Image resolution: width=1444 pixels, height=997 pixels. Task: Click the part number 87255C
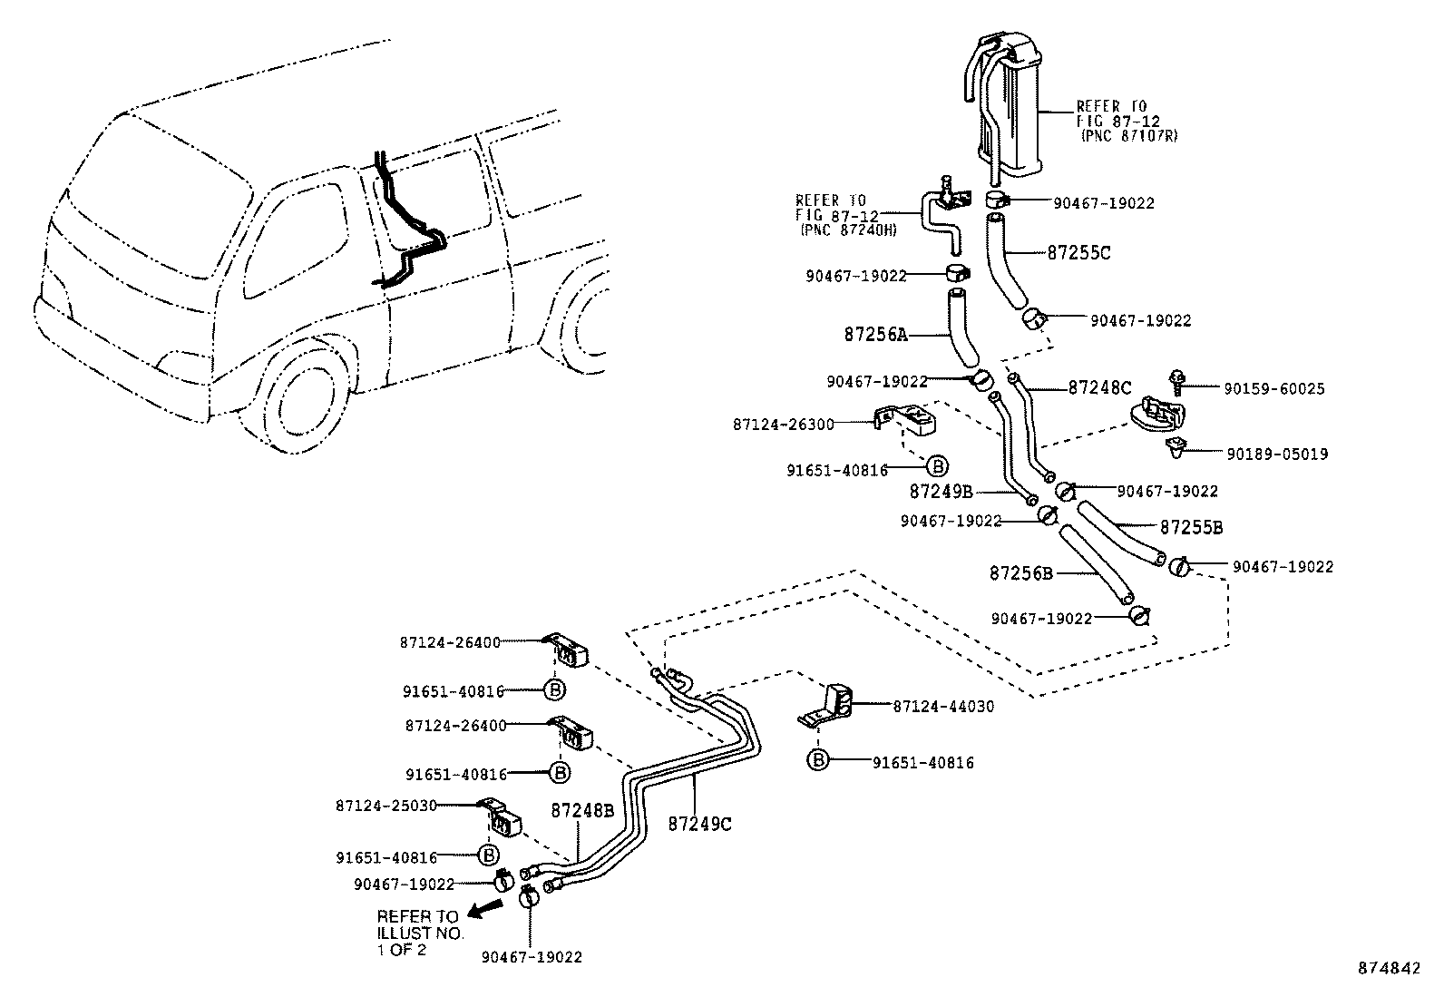(1078, 253)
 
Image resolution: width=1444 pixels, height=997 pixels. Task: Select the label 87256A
(875, 334)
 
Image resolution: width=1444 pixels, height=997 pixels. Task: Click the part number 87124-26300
(784, 424)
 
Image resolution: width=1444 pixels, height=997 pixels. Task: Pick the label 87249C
(699, 824)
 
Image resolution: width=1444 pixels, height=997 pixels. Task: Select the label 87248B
(583, 810)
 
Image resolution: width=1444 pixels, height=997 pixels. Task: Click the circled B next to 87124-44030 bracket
(818, 760)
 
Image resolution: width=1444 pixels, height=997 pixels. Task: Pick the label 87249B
(942, 491)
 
